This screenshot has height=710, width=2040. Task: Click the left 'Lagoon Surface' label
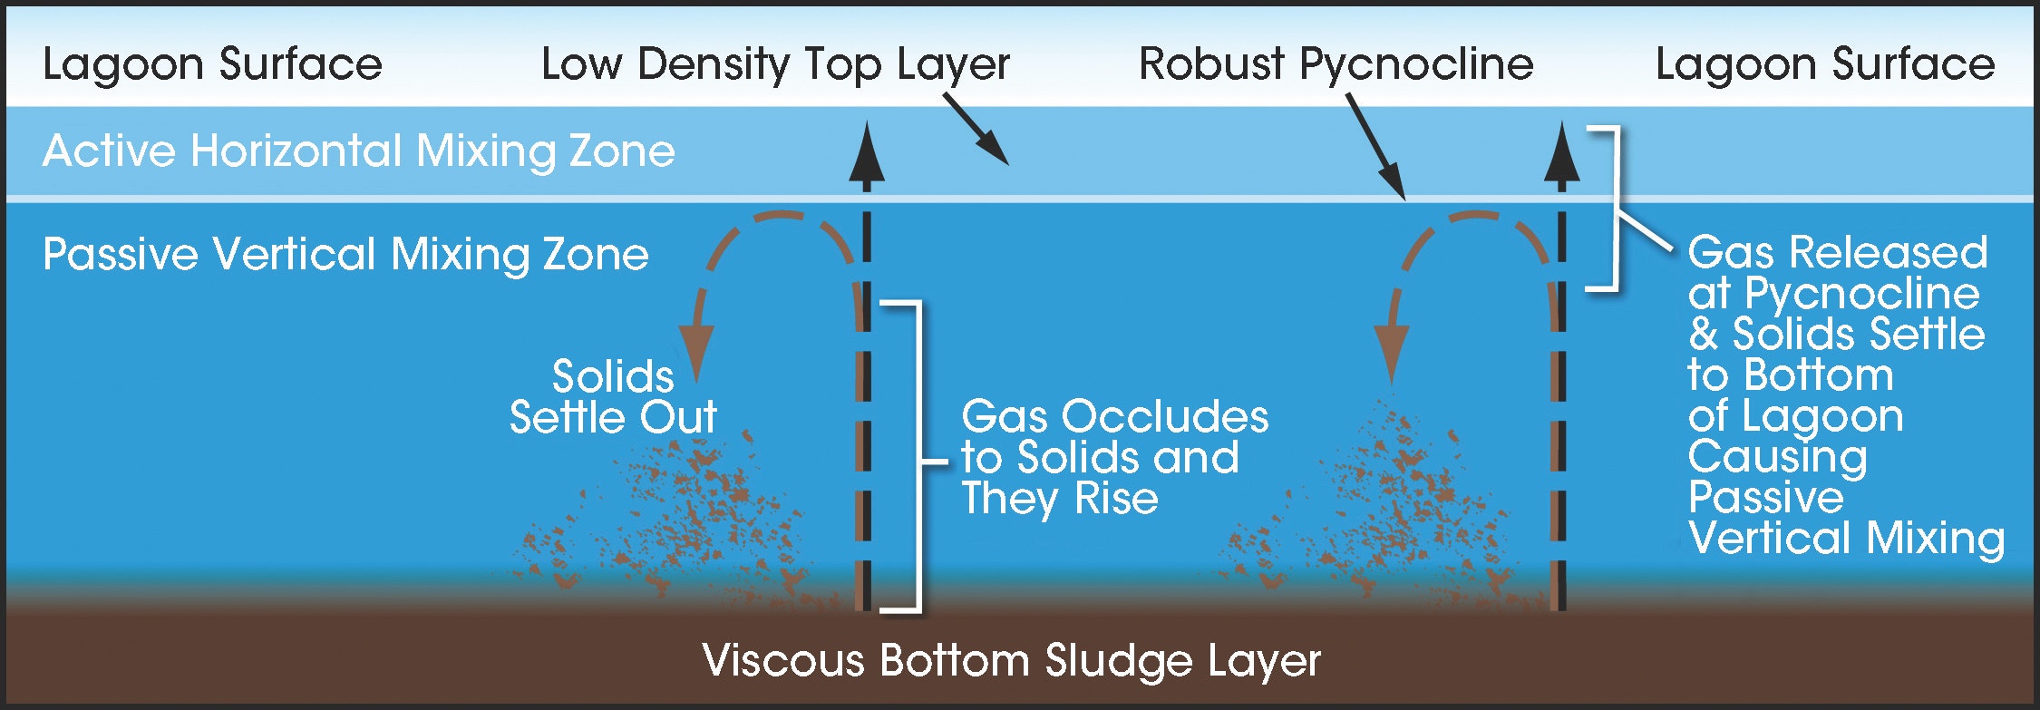[x=212, y=64]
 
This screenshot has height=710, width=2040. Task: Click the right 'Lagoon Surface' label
[x=1825, y=64]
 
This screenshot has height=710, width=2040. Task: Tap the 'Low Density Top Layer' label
[x=775, y=64]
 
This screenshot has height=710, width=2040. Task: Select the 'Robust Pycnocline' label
[x=1336, y=64]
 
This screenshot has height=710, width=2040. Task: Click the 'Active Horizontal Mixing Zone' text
[x=359, y=151]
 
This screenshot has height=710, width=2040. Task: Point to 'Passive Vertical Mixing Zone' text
[x=345, y=254]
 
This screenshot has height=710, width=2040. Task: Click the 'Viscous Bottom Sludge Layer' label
[x=1011, y=660]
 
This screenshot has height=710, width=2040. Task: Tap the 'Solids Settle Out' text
[x=613, y=397]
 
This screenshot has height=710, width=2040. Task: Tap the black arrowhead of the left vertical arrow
[x=867, y=154]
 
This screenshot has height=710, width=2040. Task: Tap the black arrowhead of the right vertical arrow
[x=1561, y=154]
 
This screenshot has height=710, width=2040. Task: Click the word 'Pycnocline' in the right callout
[x=1862, y=294]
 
